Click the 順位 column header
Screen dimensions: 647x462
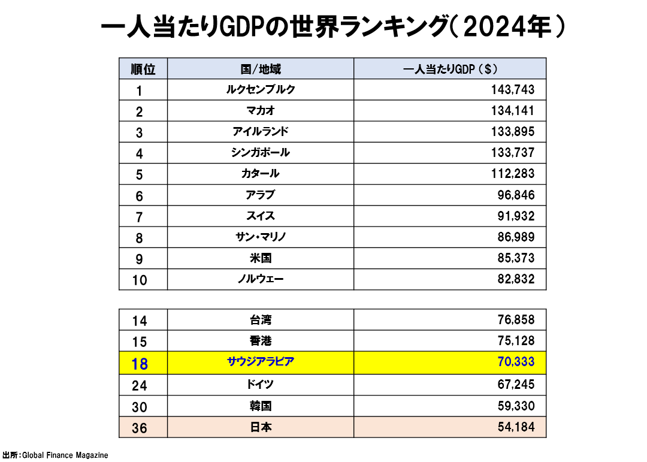tap(143, 69)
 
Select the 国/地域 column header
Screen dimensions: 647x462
tap(261, 69)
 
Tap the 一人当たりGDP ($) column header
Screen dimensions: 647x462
tap(450, 69)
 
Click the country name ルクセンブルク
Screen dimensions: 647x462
tap(261, 89)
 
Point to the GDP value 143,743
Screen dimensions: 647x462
tap(512, 90)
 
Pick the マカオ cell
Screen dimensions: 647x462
tap(261, 111)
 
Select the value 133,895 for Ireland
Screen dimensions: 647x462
tap(512, 132)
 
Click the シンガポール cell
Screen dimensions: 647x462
tap(261, 153)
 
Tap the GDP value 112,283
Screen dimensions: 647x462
tap(512, 174)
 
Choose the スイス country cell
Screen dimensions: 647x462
tap(261, 216)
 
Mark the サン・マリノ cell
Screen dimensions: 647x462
tap(261, 237)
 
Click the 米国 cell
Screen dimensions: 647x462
tap(261, 258)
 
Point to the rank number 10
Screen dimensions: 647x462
tap(140, 280)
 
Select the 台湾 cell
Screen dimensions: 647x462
tap(261, 320)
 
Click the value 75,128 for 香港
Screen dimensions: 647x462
tap(516, 341)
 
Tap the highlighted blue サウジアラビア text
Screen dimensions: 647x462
tap(261, 362)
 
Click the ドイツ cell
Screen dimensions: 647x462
tap(261, 384)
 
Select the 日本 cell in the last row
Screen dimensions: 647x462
tap(261, 427)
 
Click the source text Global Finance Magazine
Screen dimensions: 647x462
tap(65, 455)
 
